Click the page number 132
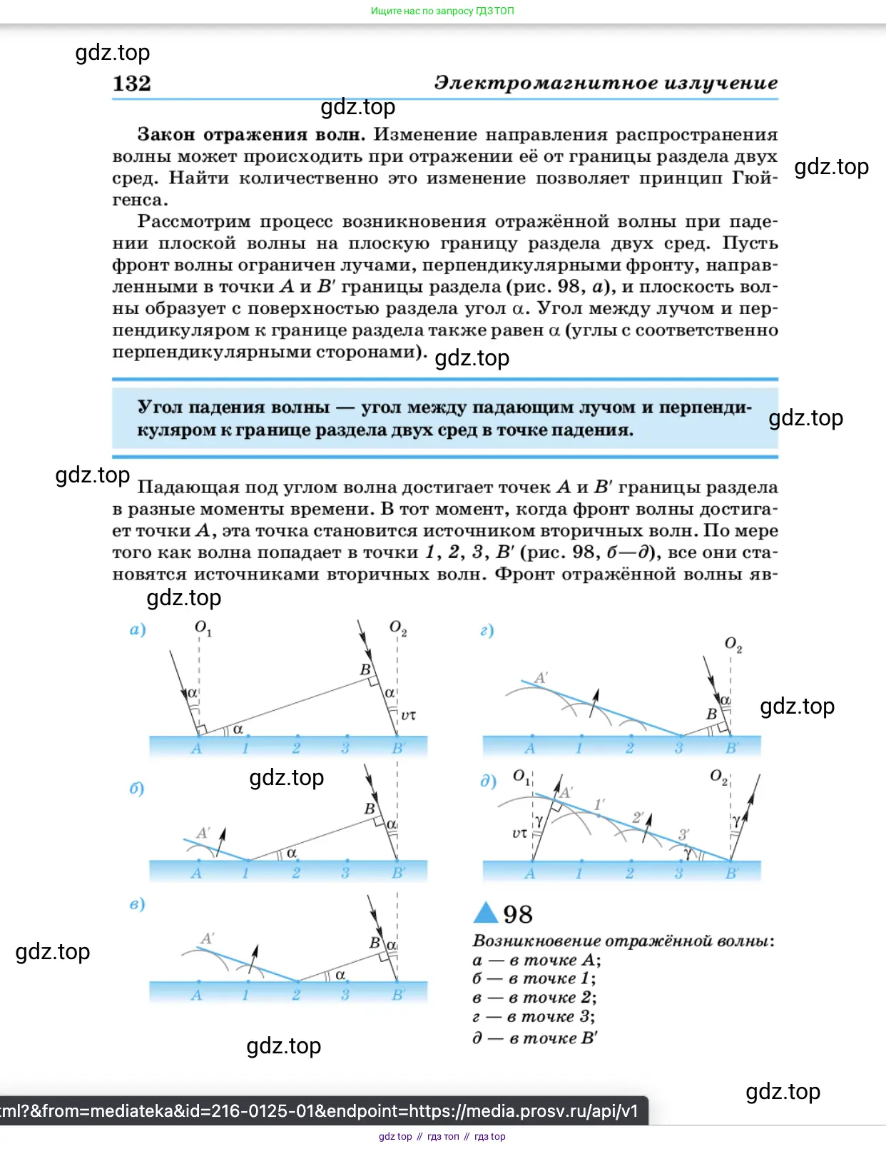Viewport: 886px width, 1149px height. (132, 83)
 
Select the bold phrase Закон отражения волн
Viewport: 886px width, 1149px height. (251, 134)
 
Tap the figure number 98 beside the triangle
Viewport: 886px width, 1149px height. (518, 914)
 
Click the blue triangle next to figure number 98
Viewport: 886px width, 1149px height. (486, 913)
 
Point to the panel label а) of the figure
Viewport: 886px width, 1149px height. (138, 629)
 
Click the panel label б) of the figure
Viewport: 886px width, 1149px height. (136, 788)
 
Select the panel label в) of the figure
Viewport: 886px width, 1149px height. (137, 903)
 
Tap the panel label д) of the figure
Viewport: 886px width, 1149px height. (488, 780)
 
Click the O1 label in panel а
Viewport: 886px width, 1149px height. (203, 627)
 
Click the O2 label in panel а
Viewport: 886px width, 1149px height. (397, 627)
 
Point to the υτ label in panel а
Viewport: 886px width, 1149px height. (408, 714)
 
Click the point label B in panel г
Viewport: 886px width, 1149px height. (711, 713)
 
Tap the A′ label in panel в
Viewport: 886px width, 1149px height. (208, 938)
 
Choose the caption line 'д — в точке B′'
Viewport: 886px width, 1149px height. (535, 1038)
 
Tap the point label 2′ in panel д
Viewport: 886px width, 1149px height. (638, 816)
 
